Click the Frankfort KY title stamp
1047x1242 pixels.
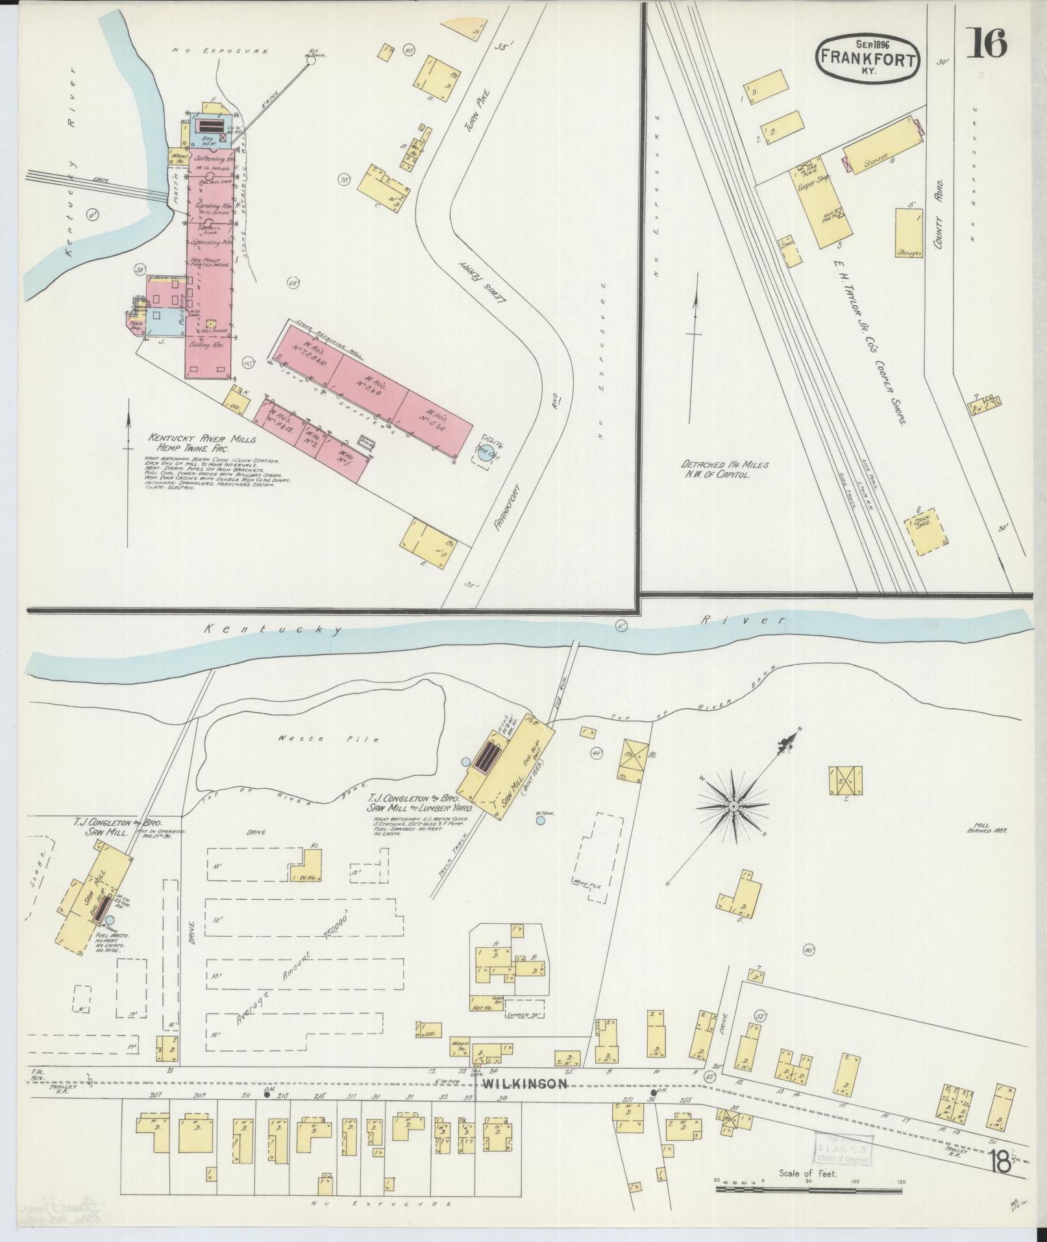pyautogui.click(x=867, y=57)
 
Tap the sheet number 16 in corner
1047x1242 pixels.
pyautogui.click(x=988, y=43)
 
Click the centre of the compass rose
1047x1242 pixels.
pyautogui.click(x=733, y=806)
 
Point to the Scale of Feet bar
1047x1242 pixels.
pyautogui.click(x=808, y=1189)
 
